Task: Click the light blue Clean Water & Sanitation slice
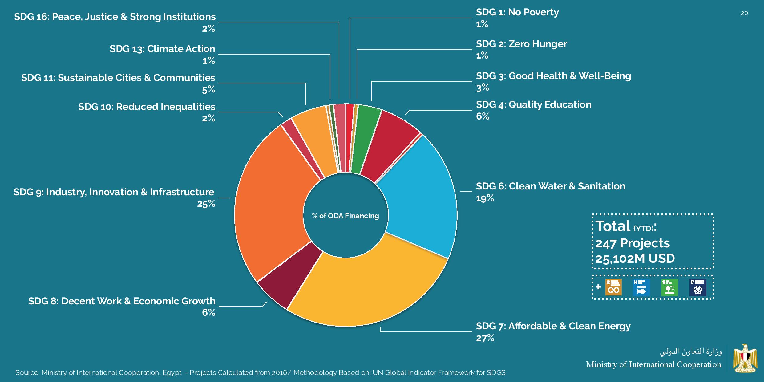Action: [422, 200]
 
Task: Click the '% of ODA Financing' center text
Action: [346, 216]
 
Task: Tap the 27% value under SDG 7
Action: [485, 338]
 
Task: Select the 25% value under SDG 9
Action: [206, 204]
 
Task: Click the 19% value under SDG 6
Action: [485, 198]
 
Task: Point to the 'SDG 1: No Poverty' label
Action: [517, 12]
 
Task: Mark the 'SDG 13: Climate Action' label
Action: [162, 49]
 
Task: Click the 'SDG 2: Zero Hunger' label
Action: [521, 44]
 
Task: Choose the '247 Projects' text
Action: [633, 243]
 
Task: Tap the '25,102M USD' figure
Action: [635, 258]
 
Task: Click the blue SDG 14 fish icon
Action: [641, 287]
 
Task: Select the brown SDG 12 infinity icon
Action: [613, 287]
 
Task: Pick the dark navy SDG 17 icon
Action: [698, 287]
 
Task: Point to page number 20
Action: [744, 13]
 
